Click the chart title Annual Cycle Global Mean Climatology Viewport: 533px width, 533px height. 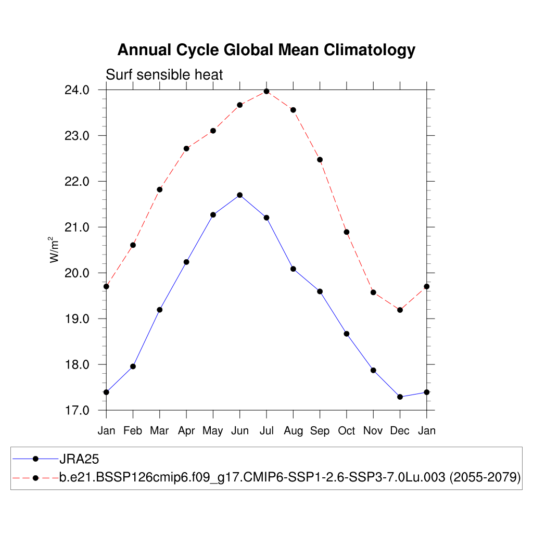266,50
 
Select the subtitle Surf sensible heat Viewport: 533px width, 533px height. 164,75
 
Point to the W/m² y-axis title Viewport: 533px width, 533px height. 54,250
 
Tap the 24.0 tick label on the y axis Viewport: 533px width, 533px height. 77,90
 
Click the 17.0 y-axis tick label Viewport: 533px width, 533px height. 77,410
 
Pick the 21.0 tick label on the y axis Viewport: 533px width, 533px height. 77,227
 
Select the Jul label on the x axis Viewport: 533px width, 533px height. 266,431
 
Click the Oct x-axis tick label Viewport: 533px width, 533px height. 346,431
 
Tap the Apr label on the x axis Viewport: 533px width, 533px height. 186,431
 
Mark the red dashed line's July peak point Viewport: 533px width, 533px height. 266,91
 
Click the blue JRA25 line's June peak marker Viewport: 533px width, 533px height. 240,195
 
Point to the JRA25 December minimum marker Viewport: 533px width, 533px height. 400,397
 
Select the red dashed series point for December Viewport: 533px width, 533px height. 400,310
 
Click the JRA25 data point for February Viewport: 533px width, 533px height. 133,366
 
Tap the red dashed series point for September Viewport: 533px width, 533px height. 320,159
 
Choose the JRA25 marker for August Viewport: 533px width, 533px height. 293,269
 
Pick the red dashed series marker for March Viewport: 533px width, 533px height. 160,189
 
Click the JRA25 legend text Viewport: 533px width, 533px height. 79,459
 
